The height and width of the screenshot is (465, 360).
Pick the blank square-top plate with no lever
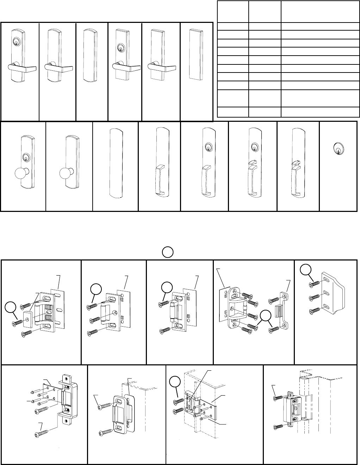pos(196,54)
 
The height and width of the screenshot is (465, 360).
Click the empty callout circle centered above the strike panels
pos(168,252)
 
